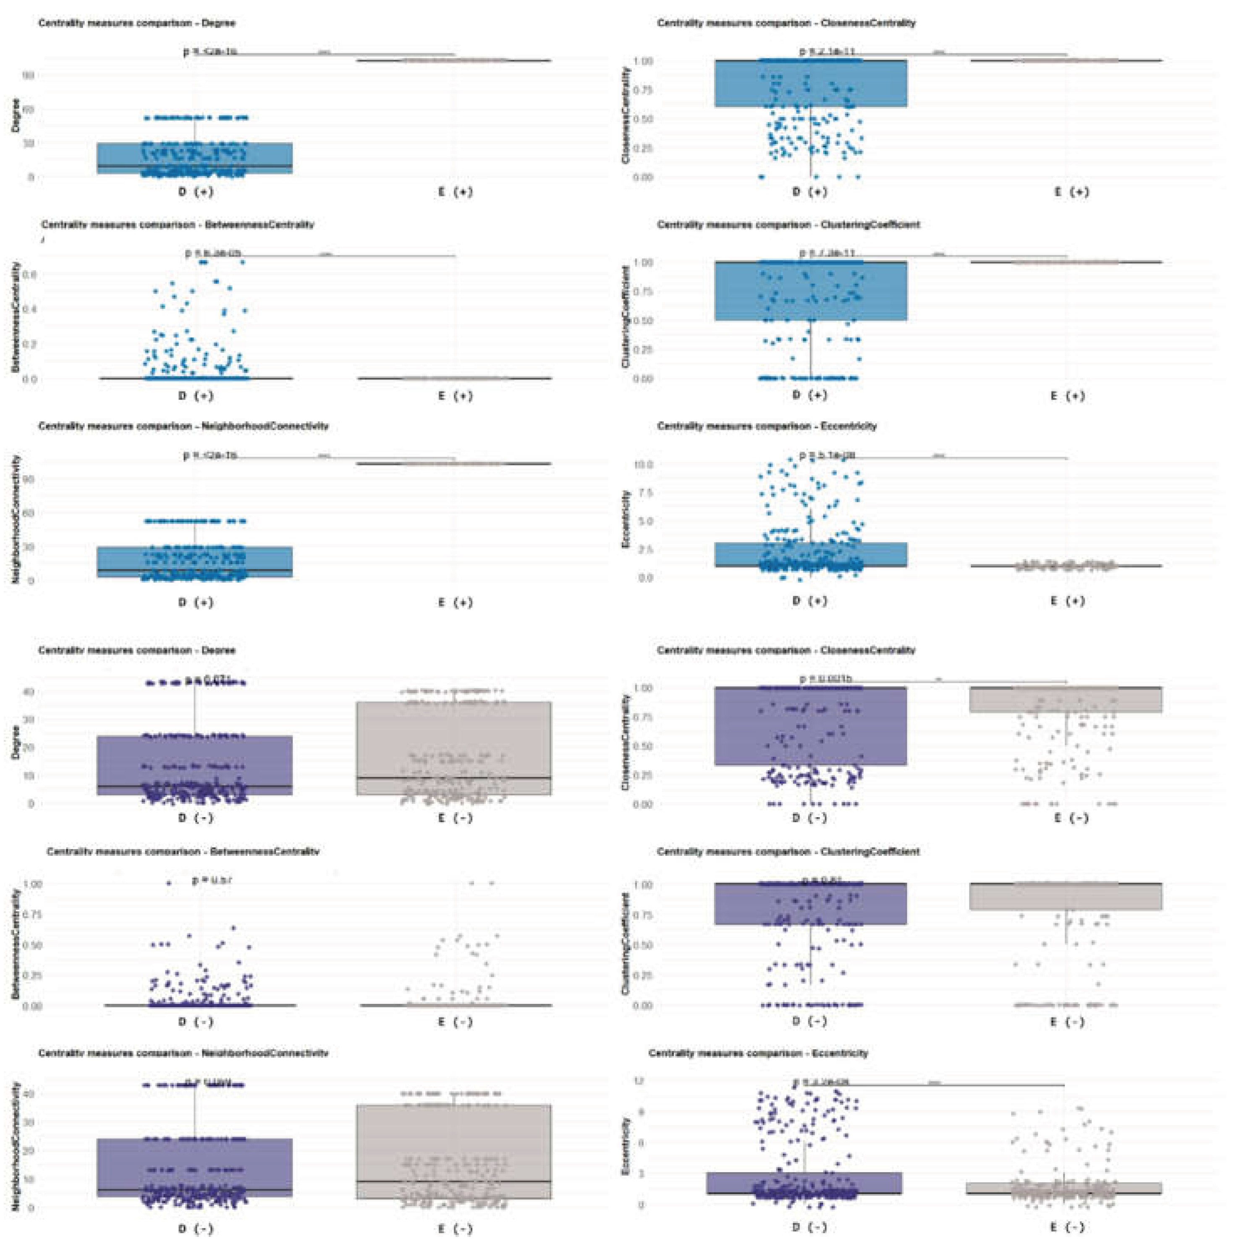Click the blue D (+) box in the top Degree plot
coord(194,157)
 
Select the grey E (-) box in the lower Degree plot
coord(453,748)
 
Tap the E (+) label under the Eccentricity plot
coord(1067,601)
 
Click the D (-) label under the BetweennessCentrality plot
coord(195,1022)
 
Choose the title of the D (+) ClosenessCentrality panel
coord(785,23)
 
